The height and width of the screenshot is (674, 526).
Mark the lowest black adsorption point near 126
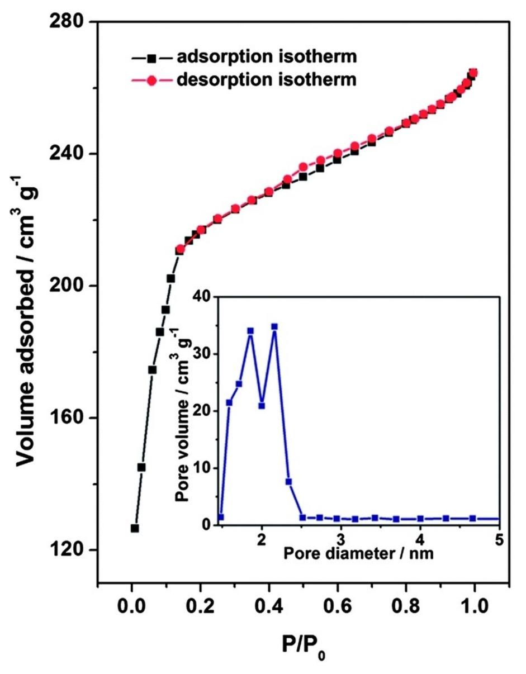[135, 528]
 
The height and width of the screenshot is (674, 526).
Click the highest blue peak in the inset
[274, 327]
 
